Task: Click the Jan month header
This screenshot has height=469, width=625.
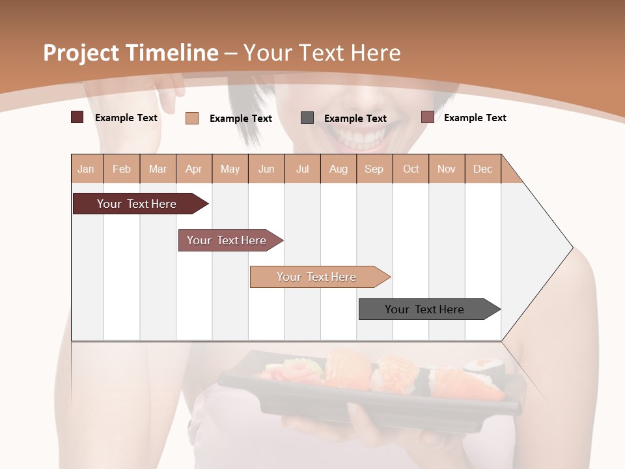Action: point(86,169)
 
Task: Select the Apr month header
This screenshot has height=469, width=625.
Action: point(193,169)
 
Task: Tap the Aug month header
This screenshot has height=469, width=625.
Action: point(338,169)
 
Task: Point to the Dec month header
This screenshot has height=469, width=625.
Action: point(482,169)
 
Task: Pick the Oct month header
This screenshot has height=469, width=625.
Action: point(411,169)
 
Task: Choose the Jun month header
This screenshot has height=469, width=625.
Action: point(266,169)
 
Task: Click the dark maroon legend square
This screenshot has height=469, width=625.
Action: point(77,117)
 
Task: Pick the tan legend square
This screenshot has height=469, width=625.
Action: point(192,118)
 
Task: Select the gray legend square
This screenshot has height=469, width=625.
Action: point(307,118)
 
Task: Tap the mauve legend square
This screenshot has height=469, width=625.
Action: point(428,117)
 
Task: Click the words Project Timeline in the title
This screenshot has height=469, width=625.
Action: point(130,53)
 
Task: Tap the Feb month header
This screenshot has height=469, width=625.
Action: point(122,169)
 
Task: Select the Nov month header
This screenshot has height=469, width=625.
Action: point(447,169)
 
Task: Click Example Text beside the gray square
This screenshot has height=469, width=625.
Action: point(355,119)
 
